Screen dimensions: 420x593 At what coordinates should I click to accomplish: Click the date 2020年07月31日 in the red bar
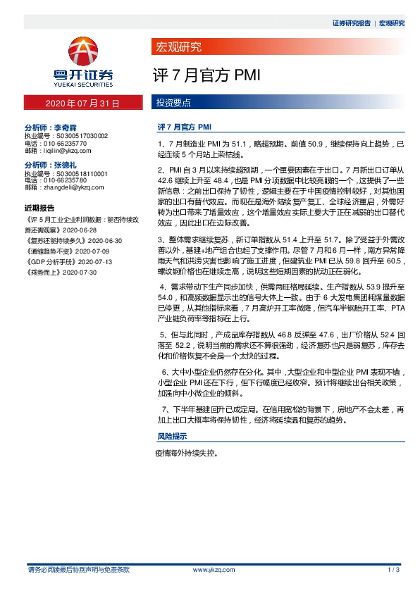point(82,103)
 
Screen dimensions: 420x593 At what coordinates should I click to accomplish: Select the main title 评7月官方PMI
point(199,75)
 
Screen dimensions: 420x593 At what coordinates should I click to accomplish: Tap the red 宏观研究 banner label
point(178,48)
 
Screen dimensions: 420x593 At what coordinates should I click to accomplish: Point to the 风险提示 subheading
point(171,437)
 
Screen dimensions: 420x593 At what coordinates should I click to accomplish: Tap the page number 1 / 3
point(394,569)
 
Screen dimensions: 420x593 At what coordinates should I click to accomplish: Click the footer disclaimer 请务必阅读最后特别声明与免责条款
point(78,569)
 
